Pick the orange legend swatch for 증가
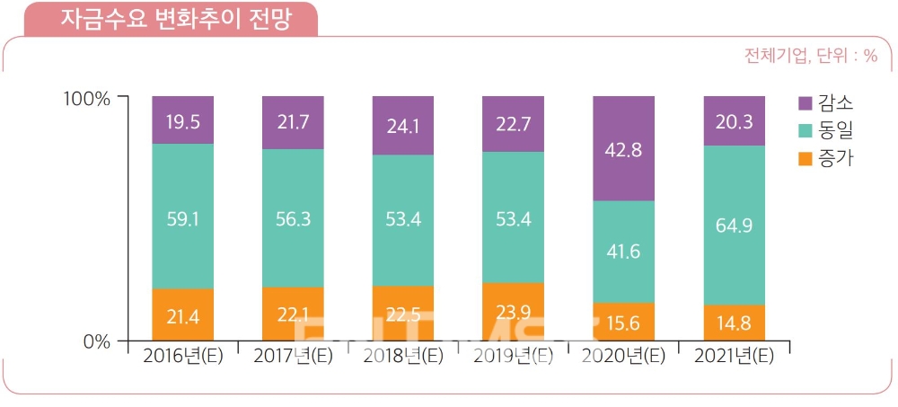(804, 160)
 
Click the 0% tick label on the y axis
(97, 341)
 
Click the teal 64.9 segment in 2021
(734, 225)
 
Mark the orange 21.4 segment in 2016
(182, 314)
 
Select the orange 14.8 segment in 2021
(734, 323)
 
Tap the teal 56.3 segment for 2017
(293, 218)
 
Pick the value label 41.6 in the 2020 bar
(623, 252)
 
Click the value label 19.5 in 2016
(182, 120)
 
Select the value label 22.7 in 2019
(513, 123)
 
